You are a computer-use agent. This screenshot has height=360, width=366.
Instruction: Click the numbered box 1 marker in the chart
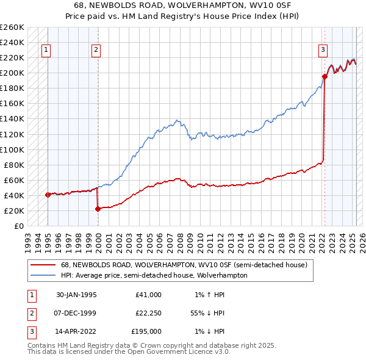click(46, 51)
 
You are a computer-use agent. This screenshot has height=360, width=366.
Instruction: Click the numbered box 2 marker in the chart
click(96, 51)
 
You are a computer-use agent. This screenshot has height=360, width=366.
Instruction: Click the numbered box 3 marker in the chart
click(322, 51)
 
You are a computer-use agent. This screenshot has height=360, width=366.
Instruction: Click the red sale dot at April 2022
click(325, 76)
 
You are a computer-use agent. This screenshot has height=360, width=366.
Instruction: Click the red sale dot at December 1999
click(98, 209)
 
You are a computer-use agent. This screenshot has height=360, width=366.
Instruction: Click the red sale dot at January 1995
click(48, 195)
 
